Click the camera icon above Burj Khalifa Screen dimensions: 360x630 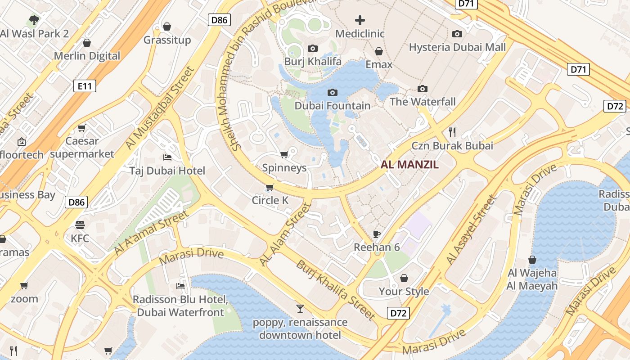click(x=313, y=48)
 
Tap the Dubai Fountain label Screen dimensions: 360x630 click(x=333, y=106)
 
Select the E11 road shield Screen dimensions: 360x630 click(x=85, y=85)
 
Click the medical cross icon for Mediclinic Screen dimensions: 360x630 click(x=360, y=20)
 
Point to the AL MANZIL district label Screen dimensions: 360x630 click(x=409, y=165)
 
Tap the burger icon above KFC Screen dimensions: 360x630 click(x=80, y=225)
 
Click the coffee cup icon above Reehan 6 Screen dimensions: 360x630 click(x=377, y=234)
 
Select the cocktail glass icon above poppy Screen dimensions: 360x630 click(x=300, y=308)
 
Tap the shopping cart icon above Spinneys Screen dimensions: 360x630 click(x=284, y=155)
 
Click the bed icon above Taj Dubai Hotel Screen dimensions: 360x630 click(x=167, y=157)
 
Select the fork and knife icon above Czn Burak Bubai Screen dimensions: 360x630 click(x=452, y=132)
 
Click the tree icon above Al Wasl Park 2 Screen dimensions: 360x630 click(x=34, y=20)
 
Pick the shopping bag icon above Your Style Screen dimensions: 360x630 click(x=404, y=278)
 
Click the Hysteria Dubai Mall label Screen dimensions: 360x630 click(x=457, y=47)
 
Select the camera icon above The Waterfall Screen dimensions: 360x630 click(x=422, y=89)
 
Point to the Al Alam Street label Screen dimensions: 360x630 click(x=286, y=234)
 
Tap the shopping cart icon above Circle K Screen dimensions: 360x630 click(x=270, y=187)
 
